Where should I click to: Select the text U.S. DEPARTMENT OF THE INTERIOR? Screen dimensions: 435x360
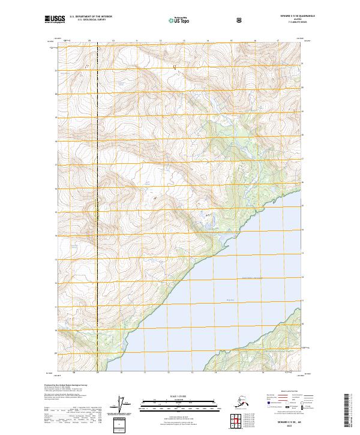[91, 17]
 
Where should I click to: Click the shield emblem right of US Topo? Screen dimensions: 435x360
[240, 20]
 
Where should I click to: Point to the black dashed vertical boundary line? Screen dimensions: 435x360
[97, 180]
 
